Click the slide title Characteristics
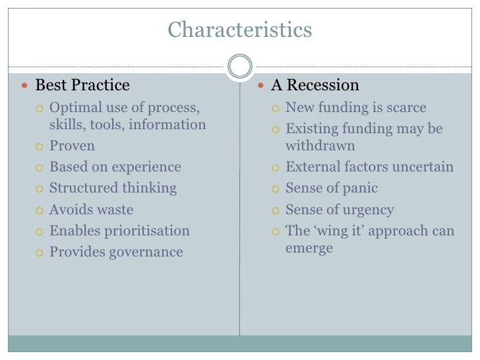[x=239, y=30]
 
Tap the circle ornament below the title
[x=239, y=67]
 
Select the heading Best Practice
[x=82, y=86]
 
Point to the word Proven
[x=72, y=146]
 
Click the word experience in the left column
[x=148, y=167]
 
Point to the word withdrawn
[x=320, y=145]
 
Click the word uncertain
[x=421, y=167]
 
